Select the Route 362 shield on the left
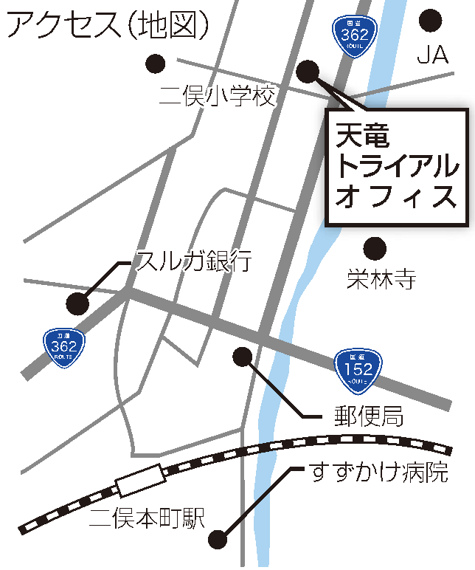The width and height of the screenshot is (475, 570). click(x=64, y=344)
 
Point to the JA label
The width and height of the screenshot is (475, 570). click(x=433, y=56)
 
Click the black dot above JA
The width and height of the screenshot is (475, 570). click(x=430, y=20)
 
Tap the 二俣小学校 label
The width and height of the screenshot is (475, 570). click(x=218, y=95)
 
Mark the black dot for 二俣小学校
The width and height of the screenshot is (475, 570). click(x=155, y=63)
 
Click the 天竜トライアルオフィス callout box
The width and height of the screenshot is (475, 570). click(x=397, y=167)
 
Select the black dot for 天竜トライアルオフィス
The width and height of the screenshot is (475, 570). click(x=308, y=71)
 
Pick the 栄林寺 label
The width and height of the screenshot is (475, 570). click(x=382, y=278)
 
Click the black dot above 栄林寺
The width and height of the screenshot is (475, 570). click(x=375, y=247)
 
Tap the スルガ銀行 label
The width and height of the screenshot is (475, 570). click(x=195, y=260)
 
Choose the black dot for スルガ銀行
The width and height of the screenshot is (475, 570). click(x=77, y=303)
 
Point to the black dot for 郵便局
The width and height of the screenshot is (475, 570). click(x=243, y=357)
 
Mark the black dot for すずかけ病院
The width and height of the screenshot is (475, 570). click(x=218, y=539)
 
